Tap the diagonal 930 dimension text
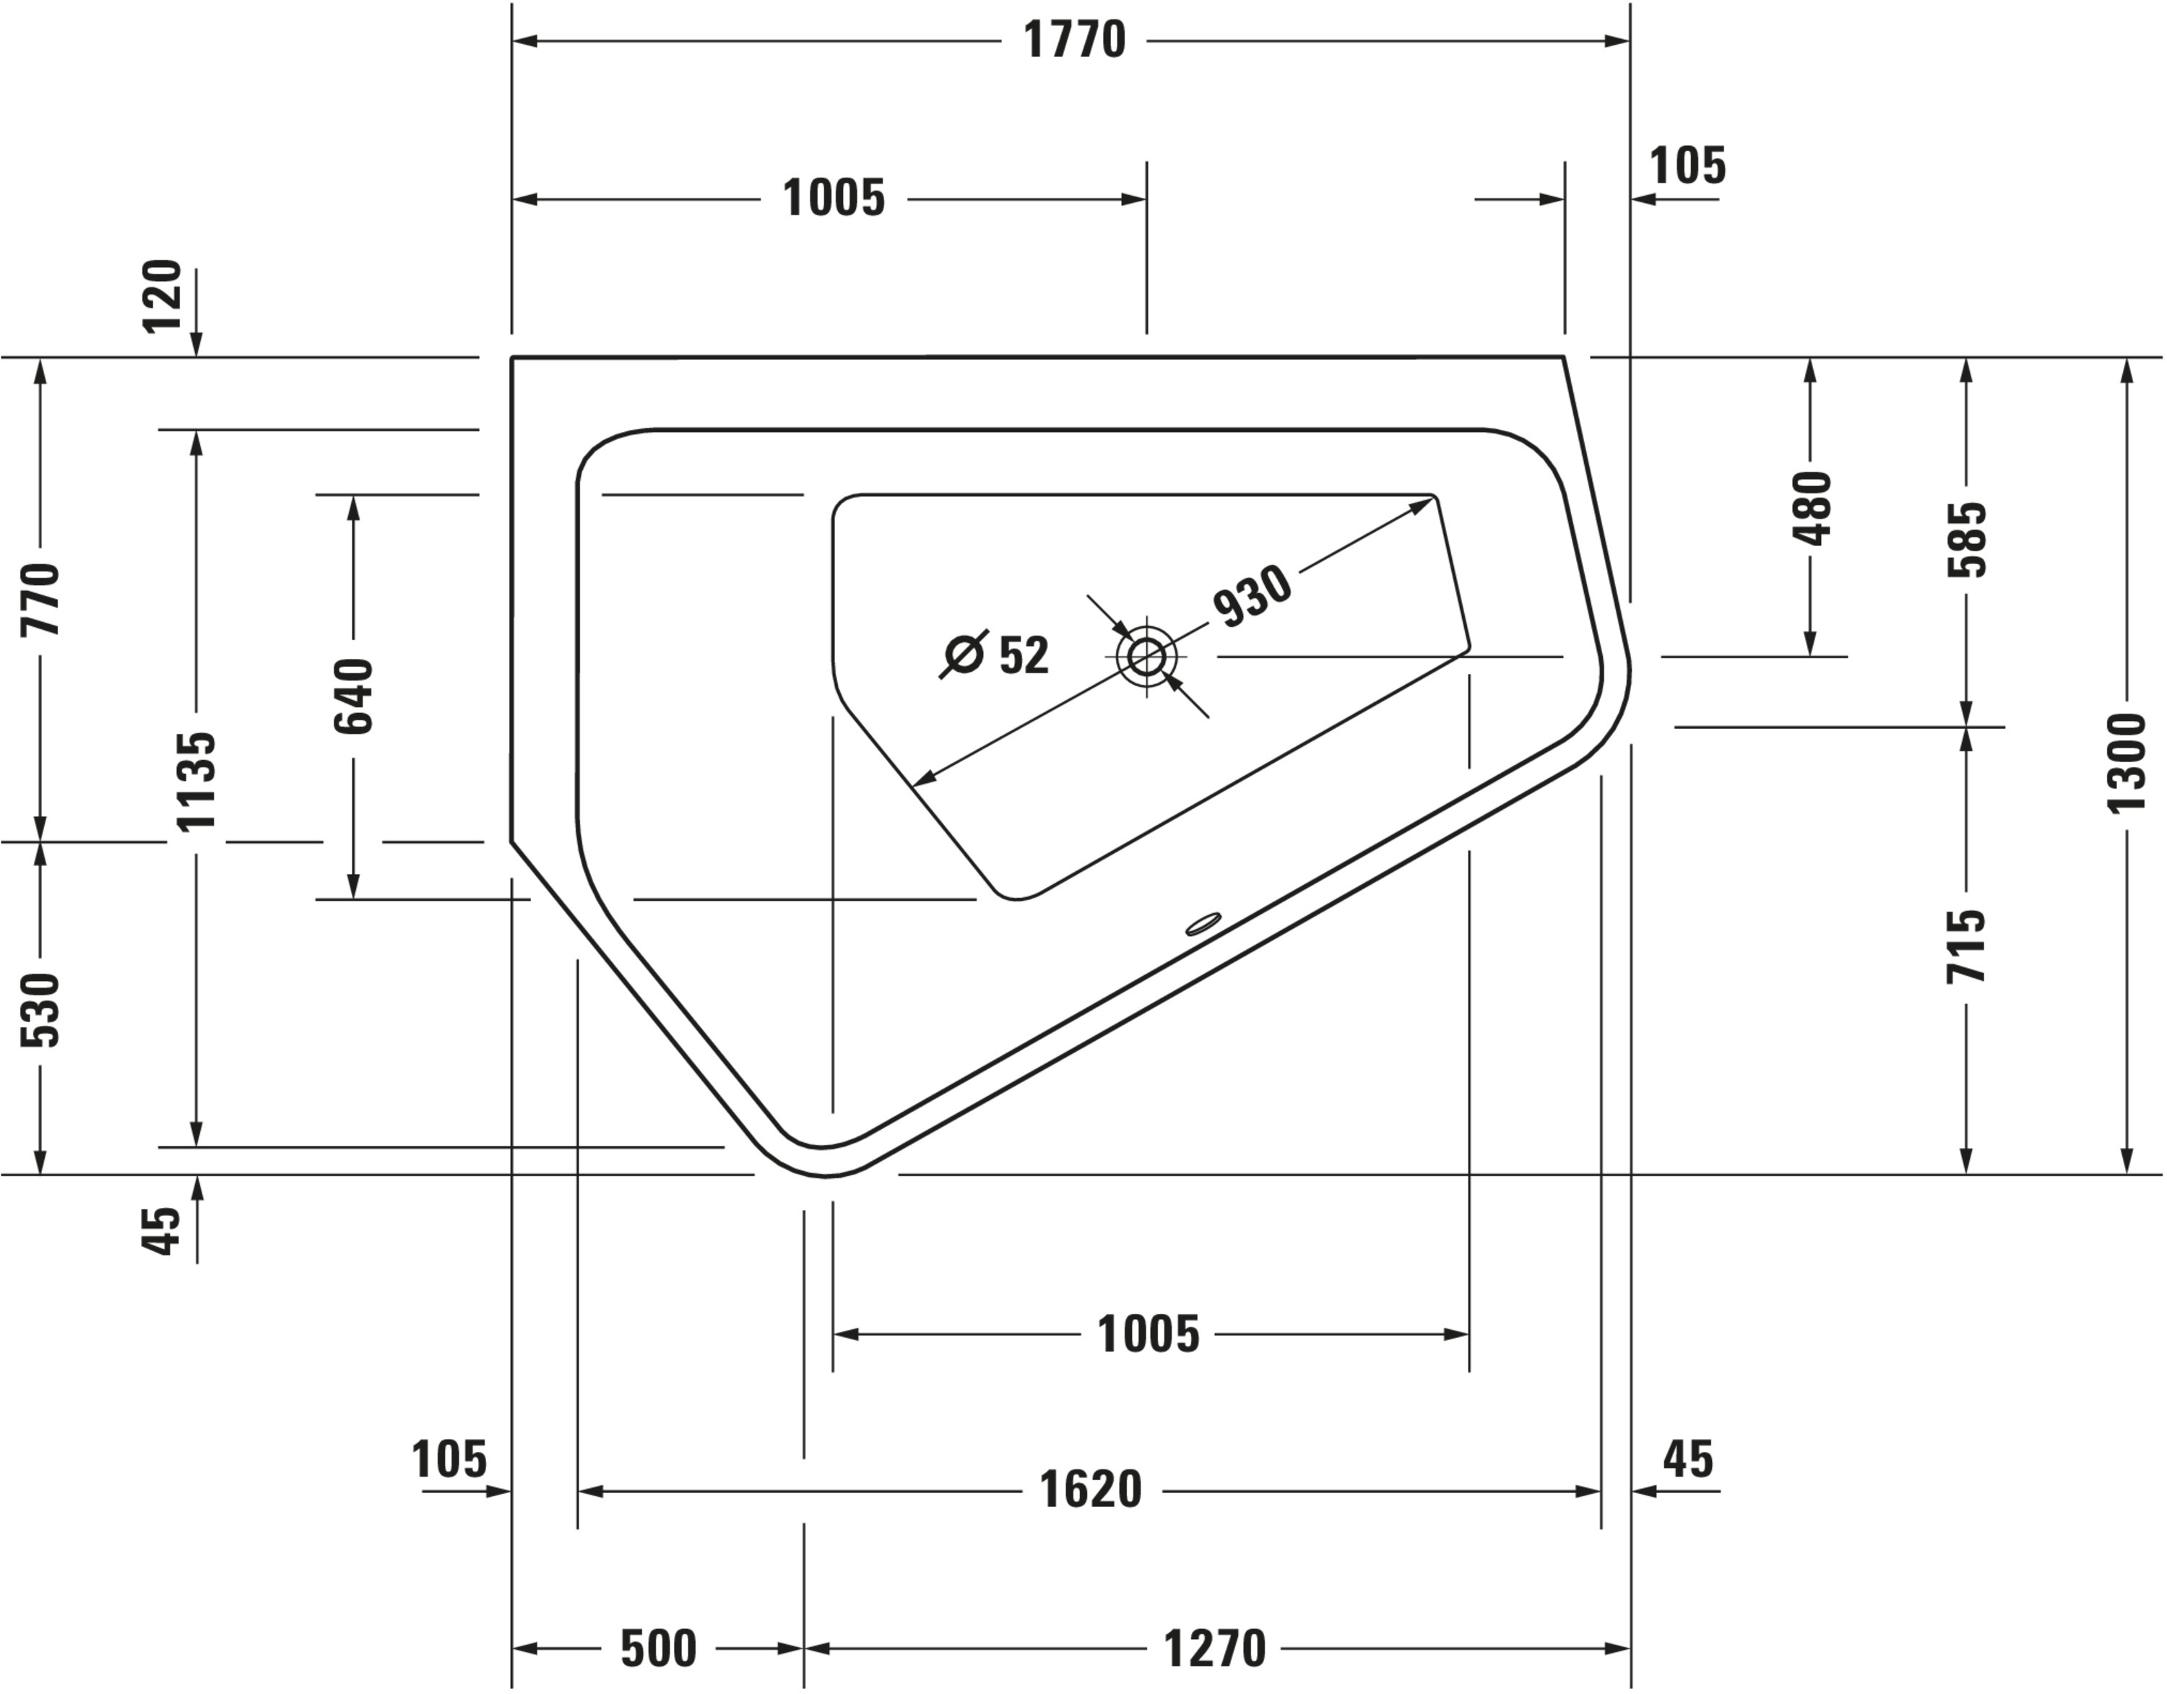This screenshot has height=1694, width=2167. tap(1253, 597)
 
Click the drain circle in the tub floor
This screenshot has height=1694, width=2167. tap(1147, 656)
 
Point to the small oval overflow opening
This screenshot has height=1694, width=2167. tap(1203, 924)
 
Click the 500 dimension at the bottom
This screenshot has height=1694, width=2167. tap(658, 1648)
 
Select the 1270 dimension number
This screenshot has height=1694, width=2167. tap(1214, 1648)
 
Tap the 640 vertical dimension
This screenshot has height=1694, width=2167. tap(354, 696)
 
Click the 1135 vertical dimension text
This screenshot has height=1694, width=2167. tap(196, 781)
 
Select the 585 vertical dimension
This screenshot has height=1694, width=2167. tap(1968, 539)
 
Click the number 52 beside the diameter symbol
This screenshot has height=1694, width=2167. tap(1023, 656)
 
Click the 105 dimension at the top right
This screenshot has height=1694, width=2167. tap(1687, 165)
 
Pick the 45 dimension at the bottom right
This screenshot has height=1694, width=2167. tap(1688, 1460)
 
